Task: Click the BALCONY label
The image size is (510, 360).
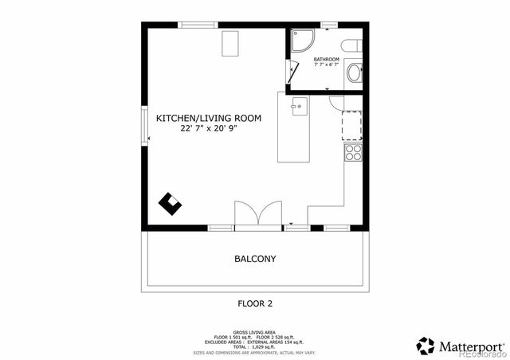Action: point(255,259)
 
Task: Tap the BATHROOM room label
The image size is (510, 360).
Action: point(326,60)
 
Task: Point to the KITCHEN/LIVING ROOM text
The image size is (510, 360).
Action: point(208,117)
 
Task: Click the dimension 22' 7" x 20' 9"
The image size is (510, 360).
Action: point(209,127)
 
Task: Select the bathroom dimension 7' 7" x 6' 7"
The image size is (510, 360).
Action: point(326,65)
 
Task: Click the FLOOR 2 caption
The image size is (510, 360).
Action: point(255,303)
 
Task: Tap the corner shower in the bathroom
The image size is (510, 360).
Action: point(300,41)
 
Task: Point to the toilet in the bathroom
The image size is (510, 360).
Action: point(352,45)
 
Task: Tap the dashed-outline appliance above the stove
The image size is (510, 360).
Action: point(352,126)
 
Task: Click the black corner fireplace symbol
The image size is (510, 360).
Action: point(170,203)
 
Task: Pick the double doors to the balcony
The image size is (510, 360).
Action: point(257,215)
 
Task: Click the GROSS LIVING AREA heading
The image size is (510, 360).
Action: point(255,331)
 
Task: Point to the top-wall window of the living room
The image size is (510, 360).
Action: point(199,25)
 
